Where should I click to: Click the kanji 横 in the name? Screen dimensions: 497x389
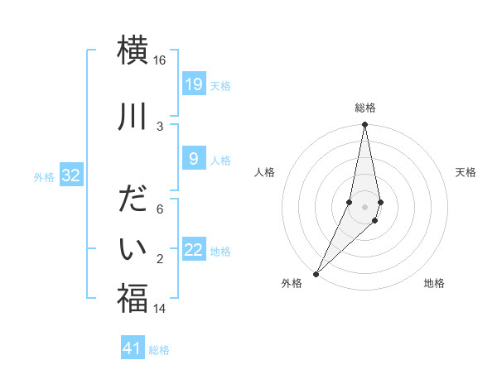tap(133, 50)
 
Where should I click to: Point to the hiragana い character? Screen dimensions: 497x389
tap(133, 248)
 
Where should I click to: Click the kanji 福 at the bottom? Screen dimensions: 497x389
tap(133, 297)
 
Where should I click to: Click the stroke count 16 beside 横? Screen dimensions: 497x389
tap(160, 60)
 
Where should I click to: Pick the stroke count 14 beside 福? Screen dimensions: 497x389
tap(160, 309)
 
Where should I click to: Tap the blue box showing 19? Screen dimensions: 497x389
tap(193, 84)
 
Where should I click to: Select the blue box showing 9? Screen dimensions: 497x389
tap(193, 160)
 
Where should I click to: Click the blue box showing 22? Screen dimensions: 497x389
tap(193, 250)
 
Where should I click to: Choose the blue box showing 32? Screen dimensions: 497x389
tap(70, 175)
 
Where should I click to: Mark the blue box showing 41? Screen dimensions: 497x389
tap(133, 348)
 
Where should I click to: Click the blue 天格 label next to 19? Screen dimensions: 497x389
tap(220, 85)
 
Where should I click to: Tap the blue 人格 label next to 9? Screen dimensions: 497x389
tap(220, 161)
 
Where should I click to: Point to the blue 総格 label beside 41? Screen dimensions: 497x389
tap(159, 350)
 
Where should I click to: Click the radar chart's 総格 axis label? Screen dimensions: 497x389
tap(364, 108)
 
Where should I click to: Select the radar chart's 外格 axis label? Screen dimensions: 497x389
tap(292, 283)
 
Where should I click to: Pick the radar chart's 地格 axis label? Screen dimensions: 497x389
tap(434, 283)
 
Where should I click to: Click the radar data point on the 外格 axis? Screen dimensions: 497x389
tap(316, 273)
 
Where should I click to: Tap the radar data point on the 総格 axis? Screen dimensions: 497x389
tap(364, 125)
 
